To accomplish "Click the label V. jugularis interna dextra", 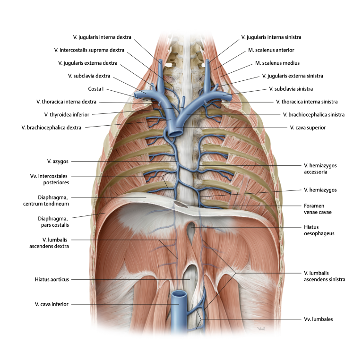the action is point(102,37).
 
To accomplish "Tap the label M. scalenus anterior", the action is point(271,50).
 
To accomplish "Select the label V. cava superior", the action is point(308,128).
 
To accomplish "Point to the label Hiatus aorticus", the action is point(52,280).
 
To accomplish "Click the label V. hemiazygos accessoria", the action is point(320,169).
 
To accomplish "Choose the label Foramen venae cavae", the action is point(318,209).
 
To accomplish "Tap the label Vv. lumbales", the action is point(319,319).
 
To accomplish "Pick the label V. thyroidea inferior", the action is point(67,115).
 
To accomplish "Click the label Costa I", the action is point(96,89).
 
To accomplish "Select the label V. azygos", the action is point(58,161).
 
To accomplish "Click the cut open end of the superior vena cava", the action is point(176,133).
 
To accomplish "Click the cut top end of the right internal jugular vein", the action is point(161,61).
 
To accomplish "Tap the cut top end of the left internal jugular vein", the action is point(208,61).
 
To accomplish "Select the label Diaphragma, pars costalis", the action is point(53,222).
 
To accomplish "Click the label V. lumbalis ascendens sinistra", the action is point(324,276).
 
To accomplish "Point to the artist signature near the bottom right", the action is point(261,329).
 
